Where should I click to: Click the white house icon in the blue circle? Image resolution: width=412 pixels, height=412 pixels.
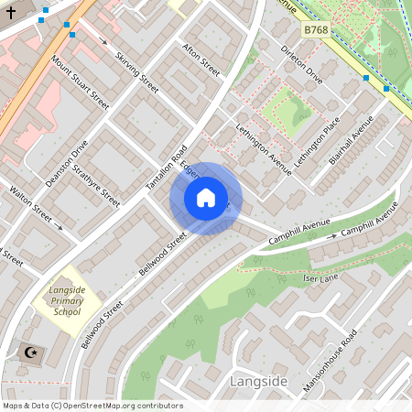tap(206, 198)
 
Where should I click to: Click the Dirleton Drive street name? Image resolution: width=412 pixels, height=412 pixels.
tap(302, 64)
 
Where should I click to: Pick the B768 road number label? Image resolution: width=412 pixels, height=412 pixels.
tap(316, 30)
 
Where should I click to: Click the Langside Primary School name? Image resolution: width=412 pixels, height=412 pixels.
tap(67, 300)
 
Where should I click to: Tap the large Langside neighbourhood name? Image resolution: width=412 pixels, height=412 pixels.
tap(260, 381)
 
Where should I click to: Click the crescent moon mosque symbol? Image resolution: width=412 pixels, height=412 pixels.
tap(30, 352)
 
